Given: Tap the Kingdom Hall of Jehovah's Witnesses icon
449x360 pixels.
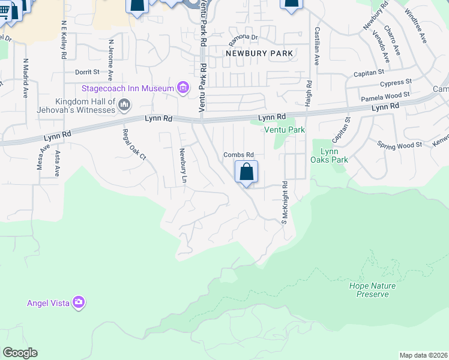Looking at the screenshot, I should pyautogui.click(x=125, y=106).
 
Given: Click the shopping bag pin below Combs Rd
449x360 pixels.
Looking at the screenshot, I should pyautogui.click(x=246, y=173).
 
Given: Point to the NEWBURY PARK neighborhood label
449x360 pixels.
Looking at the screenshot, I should pyautogui.click(x=259, y=53).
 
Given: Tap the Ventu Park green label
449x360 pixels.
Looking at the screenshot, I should pyautogui.click(x=284, y=130).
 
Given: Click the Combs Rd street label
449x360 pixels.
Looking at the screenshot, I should pyautogui.click(x=239, y=155).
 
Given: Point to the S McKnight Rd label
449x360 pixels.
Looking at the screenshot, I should pyautogui.click(x=285, y=203).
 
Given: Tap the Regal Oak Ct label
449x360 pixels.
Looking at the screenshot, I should pyautogui.click(x=134, y=145).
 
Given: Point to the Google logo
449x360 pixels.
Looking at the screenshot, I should pyautogui.click(x=20, y=353).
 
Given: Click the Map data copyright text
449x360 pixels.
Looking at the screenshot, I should pyautogui.click(x=424, y=355).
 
